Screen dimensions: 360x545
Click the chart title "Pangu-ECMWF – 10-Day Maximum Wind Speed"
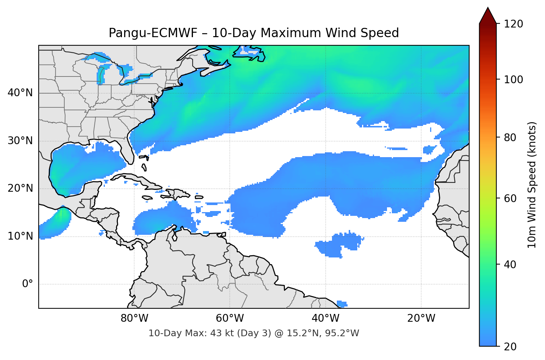click(254, 33)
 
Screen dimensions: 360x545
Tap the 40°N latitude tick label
click(20, 93)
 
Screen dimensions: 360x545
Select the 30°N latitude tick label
click(20, 141)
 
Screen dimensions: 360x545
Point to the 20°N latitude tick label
click(20, 188)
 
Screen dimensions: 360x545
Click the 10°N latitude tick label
click(20, 236)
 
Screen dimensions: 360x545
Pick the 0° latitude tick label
click(28, 284)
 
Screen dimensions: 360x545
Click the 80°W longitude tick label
click(134, 318)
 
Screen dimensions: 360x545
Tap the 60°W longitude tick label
click(230, 318)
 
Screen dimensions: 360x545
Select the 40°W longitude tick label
click(325, 318)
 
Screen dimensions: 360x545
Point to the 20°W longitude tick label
click(421, 318)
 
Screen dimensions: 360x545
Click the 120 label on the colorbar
click(513, 24)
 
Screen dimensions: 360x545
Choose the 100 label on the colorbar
click(513, 80)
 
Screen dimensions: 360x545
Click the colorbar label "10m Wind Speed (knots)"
click(532, 185)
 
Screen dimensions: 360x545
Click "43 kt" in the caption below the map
click(221, 333)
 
